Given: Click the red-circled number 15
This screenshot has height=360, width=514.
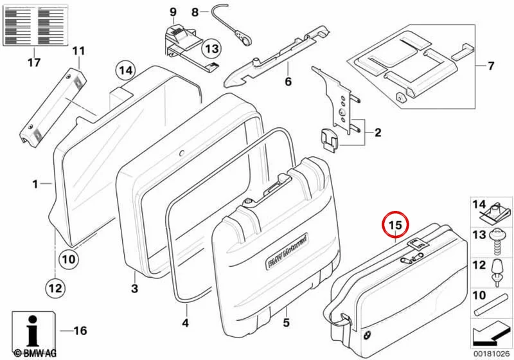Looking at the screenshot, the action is pyautogui.click(x=395, y=225).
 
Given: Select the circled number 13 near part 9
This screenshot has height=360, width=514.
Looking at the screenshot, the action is pyautogui.click(x=212, y=49).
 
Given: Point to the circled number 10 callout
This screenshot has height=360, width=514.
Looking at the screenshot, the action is pyautogui.click(x=69, y=259).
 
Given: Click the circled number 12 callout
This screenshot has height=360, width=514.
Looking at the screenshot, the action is pyautogui.click(x=55, y=288).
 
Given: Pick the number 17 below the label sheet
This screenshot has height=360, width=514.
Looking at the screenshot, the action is pyautogui.click(x=34, y=62).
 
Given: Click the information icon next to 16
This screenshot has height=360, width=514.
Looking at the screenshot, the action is pyautogui.click(x=33, y=330).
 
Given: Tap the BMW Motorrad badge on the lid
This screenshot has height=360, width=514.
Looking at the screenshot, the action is pyautogui.click(x=287, y=251).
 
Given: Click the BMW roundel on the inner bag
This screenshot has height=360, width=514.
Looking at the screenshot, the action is pyautogui.click(x=366, y=336).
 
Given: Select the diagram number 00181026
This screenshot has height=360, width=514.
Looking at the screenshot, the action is pyautogui.click(x=492, y=354).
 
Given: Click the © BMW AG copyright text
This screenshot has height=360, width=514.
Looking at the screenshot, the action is pyautogui.click(x=35, y=354).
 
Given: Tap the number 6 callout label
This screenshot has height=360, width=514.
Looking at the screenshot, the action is pyautogui.click(x=288, y=81).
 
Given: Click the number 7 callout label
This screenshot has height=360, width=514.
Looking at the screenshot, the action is pyautogui.click(x=490, y=66).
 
